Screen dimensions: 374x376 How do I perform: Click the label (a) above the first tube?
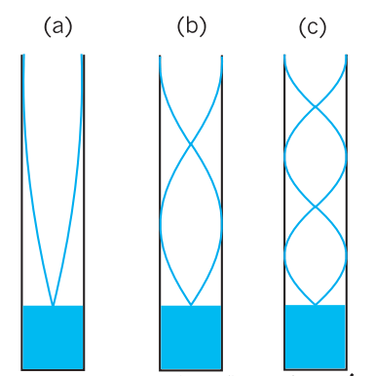point(57,26)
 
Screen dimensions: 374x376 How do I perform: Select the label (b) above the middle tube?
point(192,26)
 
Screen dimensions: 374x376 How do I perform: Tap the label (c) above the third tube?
point(313,27)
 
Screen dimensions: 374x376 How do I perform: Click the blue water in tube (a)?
point(53,337)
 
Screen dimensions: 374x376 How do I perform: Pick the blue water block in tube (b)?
point(191,337)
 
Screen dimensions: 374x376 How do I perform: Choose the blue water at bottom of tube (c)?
point(315,336)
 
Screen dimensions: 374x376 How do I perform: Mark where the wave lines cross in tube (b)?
point(191,144)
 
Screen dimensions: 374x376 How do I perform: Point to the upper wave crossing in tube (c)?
point(316,106)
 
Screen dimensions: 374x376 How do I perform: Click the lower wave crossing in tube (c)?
point(316,207)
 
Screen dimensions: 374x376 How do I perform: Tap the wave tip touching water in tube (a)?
point(53,305)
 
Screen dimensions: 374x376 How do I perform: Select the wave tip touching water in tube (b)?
point(191,305)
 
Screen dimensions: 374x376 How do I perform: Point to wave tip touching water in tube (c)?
point(316,305)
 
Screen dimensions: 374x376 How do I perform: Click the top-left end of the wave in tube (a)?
point(23,55)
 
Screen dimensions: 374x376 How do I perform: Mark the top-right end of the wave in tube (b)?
point(222,56)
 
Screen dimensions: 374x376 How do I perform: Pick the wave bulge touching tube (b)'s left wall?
point(161,221)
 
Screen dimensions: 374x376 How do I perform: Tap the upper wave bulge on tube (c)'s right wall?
point(346,157)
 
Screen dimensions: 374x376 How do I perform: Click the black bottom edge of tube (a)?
point(53,370)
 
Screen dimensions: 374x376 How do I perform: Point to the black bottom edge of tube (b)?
point(191,370)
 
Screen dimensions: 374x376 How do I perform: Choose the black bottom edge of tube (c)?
point(316,369)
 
